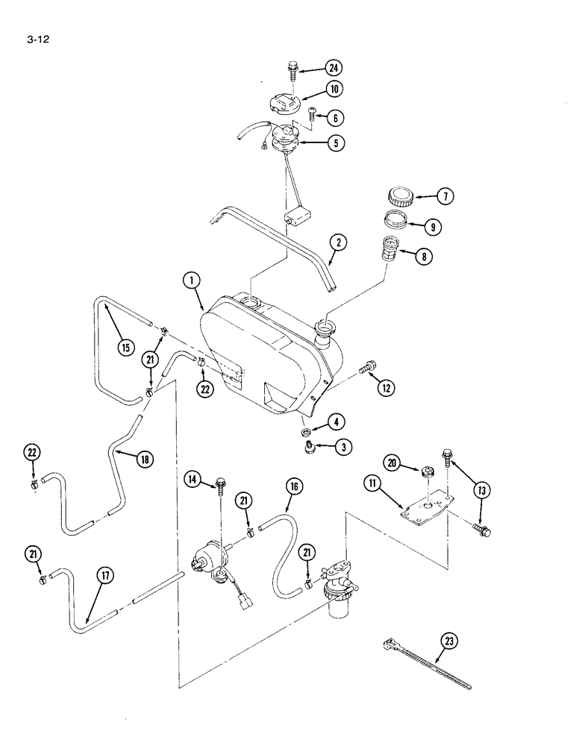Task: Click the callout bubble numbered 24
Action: [334, 69]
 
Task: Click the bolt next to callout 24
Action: [292, 72]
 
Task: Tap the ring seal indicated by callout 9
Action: [395, 222]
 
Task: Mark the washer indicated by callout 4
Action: [306, 431]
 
